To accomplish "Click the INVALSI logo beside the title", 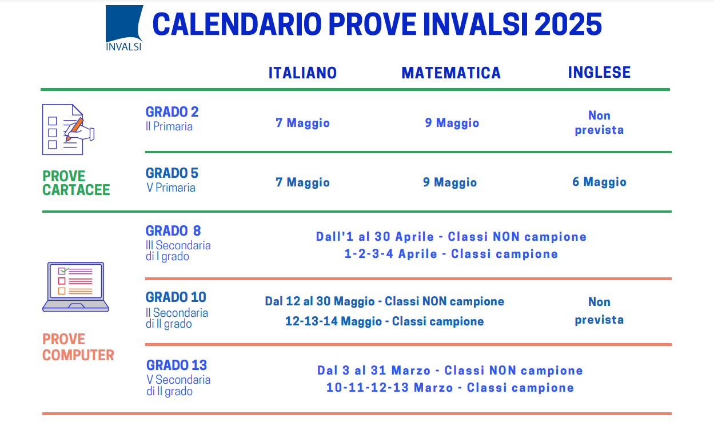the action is (x=124, y=28).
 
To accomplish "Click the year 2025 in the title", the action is (x=568, y=24).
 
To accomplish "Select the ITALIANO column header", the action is (x=302, y=73).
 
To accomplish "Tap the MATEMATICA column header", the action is (x=451, y=73).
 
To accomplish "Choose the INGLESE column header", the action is (x=599, y=73).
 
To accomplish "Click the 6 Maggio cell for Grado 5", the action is (x=599, y=182).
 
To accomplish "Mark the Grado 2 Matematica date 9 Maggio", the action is (x=452, y=123).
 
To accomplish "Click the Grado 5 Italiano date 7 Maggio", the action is (x=302, y=182).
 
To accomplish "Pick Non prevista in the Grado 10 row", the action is (x=599, y=310).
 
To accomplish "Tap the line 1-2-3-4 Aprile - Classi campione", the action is (x=451, y=254).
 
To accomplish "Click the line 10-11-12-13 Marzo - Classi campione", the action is (x=450, y=388).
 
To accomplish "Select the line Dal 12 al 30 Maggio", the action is (x=384, y=301).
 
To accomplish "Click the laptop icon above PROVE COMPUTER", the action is (x=75, y=287).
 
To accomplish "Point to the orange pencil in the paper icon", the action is (x=74, y=129).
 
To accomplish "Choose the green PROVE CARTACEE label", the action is (x=76, y=183).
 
